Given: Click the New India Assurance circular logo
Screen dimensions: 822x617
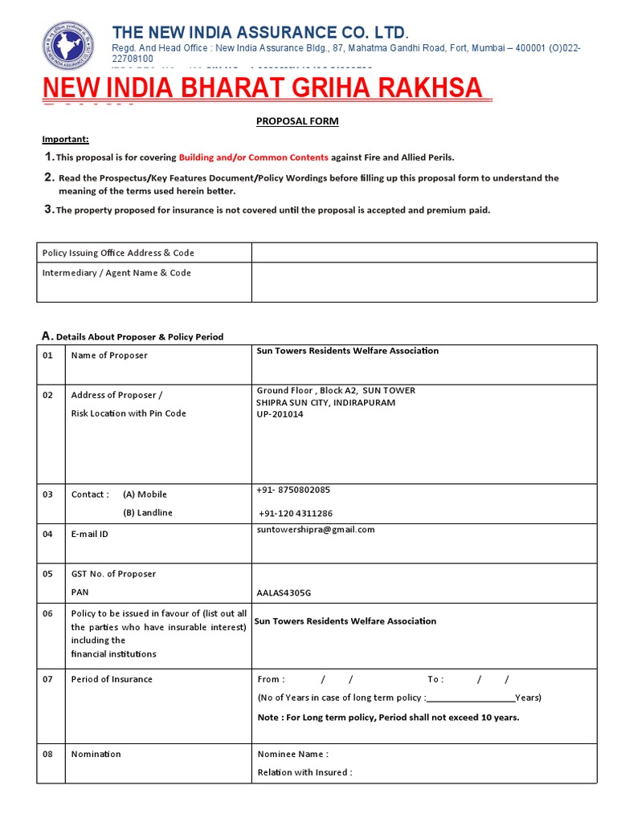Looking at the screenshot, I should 72,47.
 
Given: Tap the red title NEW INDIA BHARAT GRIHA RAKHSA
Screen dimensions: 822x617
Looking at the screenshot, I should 262,88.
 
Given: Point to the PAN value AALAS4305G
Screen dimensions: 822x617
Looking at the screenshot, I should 284,593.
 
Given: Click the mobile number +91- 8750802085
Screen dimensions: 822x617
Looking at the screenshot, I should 293,490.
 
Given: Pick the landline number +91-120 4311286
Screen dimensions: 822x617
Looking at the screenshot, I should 296,513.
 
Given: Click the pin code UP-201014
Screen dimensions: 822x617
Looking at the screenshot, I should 280,414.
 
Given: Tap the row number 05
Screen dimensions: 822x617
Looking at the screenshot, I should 47,574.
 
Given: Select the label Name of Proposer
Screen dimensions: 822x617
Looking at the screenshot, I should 109,356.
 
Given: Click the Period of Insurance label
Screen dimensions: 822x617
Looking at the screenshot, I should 112,679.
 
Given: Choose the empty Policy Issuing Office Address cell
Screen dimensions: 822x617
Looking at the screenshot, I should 423,253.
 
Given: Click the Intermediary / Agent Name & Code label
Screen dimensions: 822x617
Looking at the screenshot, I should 116,273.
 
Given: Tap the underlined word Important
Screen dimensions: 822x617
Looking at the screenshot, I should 66,140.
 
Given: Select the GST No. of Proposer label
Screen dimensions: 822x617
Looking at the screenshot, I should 113,574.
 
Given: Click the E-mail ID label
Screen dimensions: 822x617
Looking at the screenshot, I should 90,534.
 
